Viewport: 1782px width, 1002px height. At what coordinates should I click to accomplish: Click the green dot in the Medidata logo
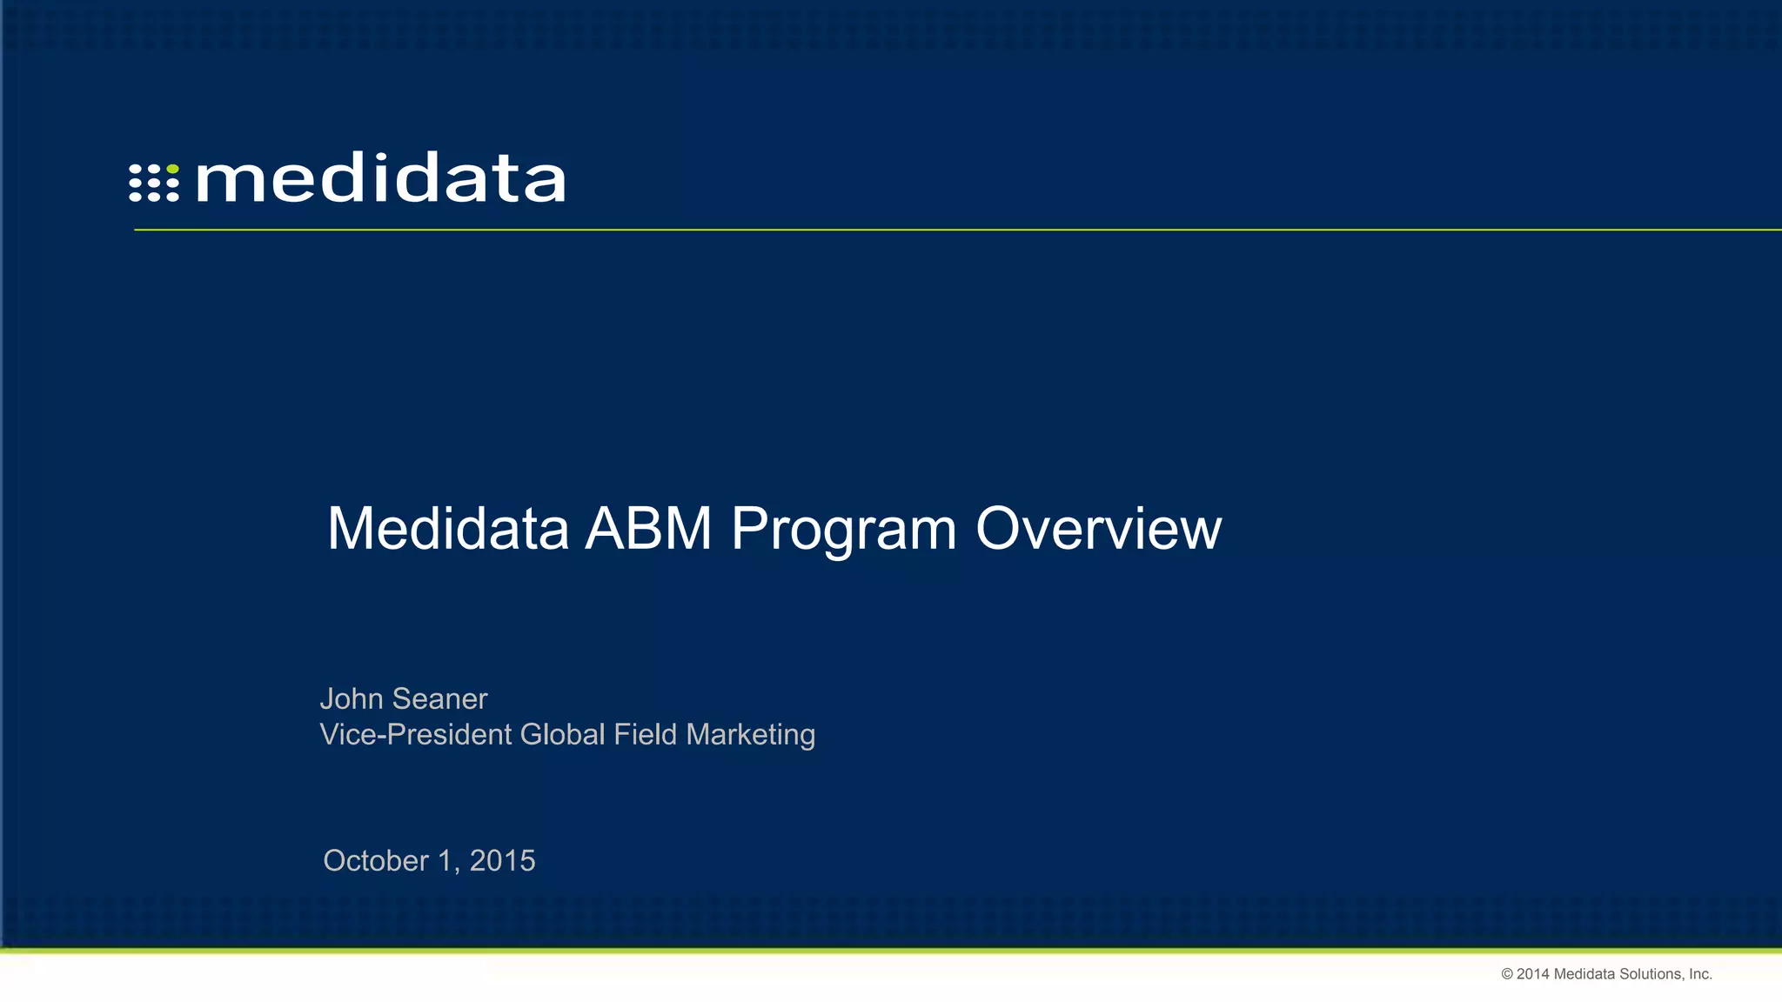tap(172, 169)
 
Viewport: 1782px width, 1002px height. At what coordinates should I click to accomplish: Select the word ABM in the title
tap(648, 529)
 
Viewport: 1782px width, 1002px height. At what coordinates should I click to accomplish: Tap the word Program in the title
tap(843, 529)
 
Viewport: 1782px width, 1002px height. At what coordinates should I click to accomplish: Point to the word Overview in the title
tap(1098, 529)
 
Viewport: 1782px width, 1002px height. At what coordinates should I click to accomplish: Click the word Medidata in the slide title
tap(447, 529)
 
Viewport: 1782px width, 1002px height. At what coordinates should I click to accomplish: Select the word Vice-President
tap(416, 735)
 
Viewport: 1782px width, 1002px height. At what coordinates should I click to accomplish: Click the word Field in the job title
tap(645, 735)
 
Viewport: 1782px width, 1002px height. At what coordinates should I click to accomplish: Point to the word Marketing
tap(750, 735)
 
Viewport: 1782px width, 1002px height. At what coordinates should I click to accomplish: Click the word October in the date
tap(376, 861)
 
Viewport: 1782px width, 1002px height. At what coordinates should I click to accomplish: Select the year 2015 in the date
tap(503, 861)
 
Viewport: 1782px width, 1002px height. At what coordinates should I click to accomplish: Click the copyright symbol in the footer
tap(1507, 974)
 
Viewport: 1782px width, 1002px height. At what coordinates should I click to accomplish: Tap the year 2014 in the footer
tap(1533, 974)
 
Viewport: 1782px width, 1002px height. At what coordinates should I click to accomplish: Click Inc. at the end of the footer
tap(1700, 974)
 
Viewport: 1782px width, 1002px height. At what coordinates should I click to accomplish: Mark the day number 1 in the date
tap(446, 861)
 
